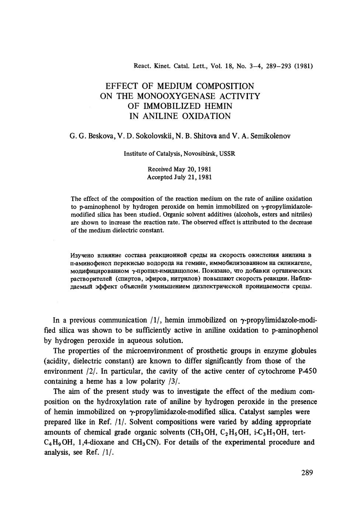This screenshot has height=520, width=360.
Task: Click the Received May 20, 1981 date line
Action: (x=180, y=169)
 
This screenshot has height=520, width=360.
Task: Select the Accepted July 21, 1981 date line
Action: (x=180, y=177)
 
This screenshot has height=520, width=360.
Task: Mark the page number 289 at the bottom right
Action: (x=307, y=473)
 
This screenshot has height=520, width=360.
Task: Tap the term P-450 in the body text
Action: (x=307, y=371)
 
